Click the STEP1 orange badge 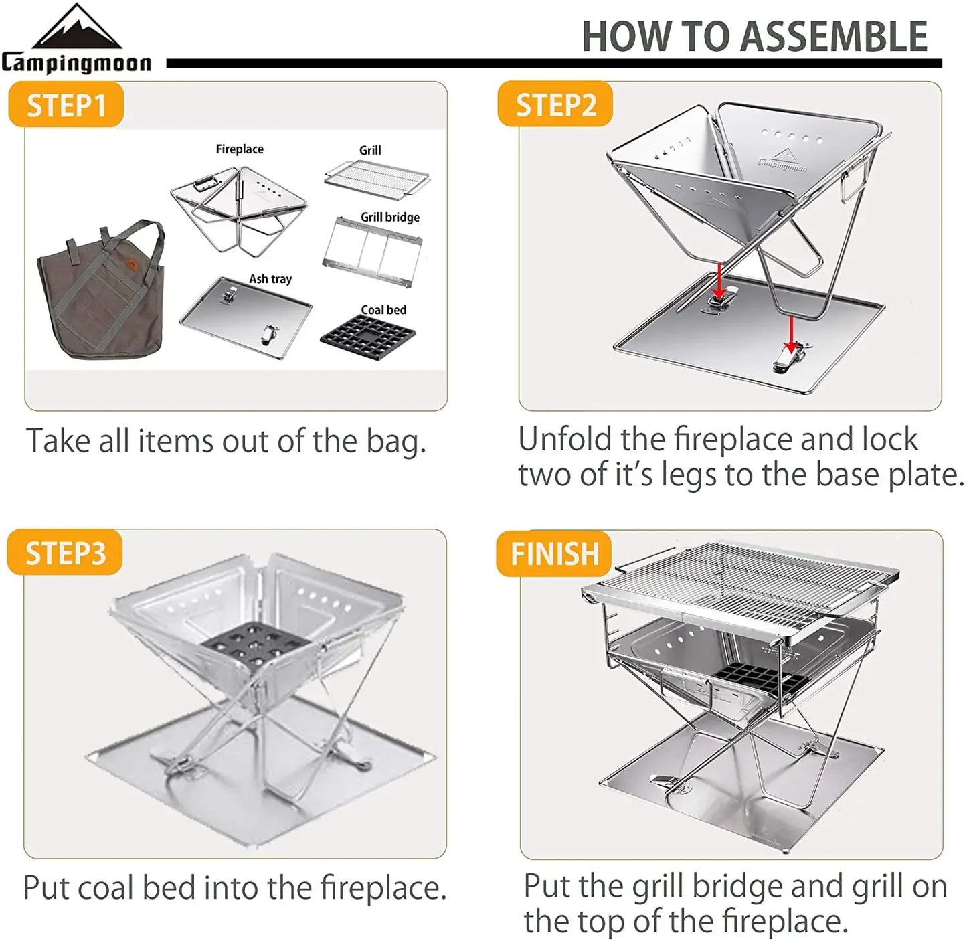[66, 105]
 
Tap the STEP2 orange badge [555, 105]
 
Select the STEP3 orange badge [65, 553]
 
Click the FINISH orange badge [554, 553]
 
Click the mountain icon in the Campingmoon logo [77, 28]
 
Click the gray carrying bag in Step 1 [100, 294]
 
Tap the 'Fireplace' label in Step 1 [240, 149]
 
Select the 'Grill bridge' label [390, 217]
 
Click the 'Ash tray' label [270, 278]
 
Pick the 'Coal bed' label [383, 309]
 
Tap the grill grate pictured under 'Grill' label [376, 177]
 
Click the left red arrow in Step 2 [718, 280]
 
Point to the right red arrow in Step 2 [791, 335]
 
